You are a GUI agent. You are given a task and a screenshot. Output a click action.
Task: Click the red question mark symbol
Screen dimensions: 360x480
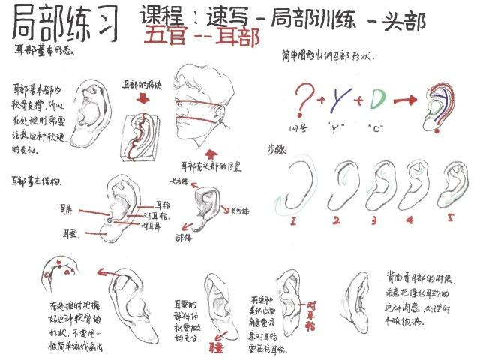[303, 99]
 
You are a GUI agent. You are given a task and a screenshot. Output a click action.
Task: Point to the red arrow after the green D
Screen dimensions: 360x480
[406, 99]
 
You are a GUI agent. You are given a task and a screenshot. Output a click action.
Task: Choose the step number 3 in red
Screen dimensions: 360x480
[373, 220]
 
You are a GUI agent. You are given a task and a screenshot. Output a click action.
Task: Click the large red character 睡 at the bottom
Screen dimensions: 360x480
[216, 346]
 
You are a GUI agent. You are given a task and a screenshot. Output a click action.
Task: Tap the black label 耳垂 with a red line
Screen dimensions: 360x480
[72, 233]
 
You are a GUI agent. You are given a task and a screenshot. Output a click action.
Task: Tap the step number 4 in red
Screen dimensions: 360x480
[409, 220]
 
